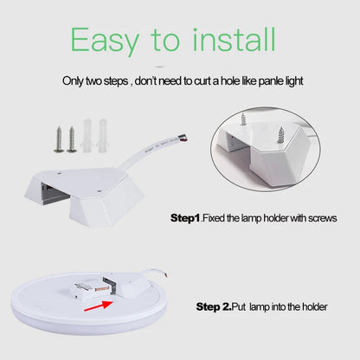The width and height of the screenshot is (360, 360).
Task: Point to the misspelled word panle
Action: click(x=254, y=80)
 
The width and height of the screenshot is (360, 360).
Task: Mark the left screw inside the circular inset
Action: click(x=245, y=116)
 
